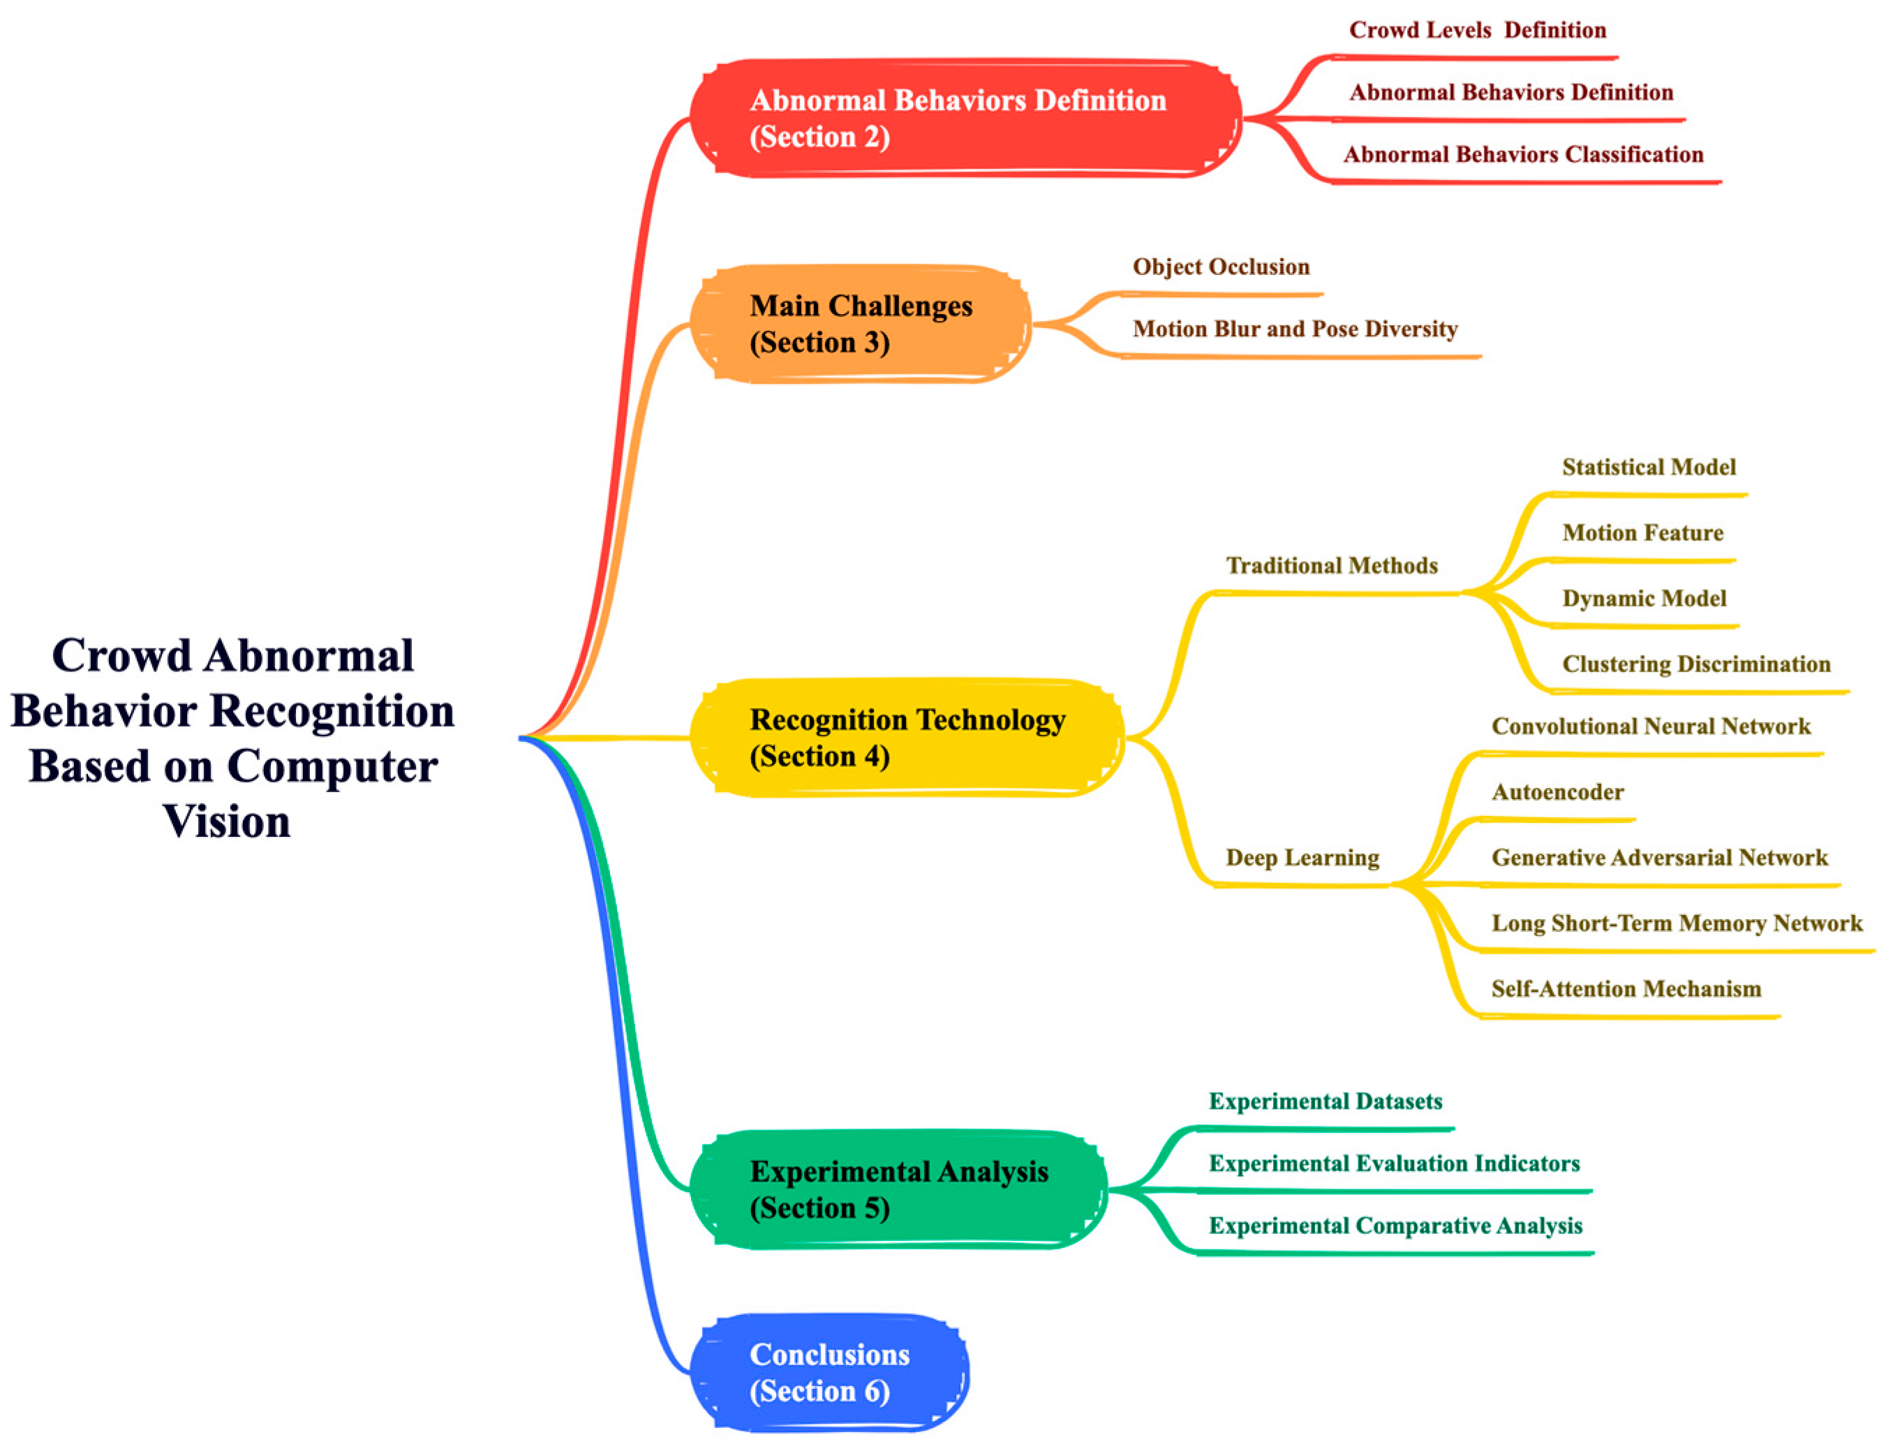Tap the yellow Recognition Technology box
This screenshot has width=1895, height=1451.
[x=907, y=737]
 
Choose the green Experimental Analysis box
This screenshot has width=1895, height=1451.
[x=898, y=1189]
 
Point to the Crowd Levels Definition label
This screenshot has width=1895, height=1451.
[x=1477, y=30]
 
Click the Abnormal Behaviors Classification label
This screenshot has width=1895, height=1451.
[x=1523, y=155]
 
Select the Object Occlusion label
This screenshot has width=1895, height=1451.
[x=1221, y=267]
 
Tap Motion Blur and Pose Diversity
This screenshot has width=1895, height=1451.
[x=1295, y=329]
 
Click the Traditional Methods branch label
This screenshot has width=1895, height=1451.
[x=1331, y=566]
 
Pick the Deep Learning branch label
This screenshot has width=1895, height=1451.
[x=1302, y=858]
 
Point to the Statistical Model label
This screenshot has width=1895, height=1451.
[x=1648, y=467]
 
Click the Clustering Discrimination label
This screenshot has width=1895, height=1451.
[x=1695, y=664]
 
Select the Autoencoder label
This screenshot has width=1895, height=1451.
[x=1557, y=792]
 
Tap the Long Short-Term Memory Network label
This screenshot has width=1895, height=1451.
[x=1677, y=923]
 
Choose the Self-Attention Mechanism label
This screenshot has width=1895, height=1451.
[x=1626, y=989]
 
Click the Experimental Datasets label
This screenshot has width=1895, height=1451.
[x=1325, y=1101]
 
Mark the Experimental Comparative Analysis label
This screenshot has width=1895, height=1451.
[x=1395, y=1226]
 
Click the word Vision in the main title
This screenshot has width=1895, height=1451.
[x=226, y=821]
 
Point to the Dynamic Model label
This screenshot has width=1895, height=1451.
[x=1644, y=599]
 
